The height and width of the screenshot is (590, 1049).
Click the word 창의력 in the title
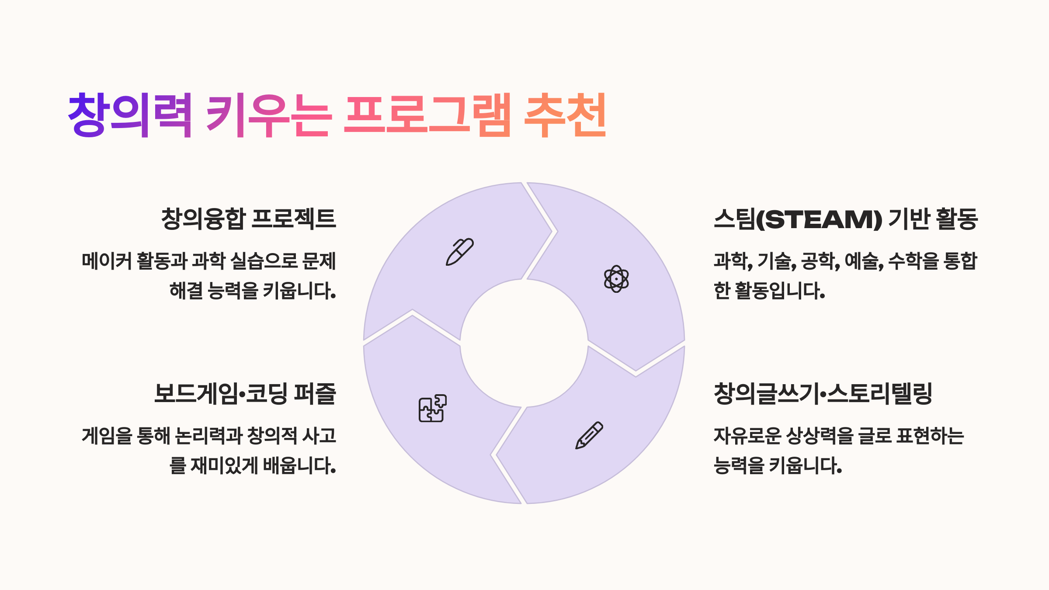(130, 115)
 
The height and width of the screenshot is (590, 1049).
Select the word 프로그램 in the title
(427, 115)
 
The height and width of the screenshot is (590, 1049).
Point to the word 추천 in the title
(565, 115)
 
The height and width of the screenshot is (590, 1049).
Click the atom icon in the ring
(616, 279)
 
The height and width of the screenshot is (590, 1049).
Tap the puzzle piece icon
(433, 408)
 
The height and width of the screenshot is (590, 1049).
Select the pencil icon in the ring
(589, 435)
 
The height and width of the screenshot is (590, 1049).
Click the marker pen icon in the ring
(459, 252)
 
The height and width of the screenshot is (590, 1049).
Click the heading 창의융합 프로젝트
(248, 219)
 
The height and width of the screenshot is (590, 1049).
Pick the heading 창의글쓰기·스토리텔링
(823, 393)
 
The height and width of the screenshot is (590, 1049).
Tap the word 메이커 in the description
(107, 261)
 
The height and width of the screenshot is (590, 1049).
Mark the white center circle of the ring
(524, 343)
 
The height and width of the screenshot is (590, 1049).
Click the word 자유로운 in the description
(747, 436)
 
